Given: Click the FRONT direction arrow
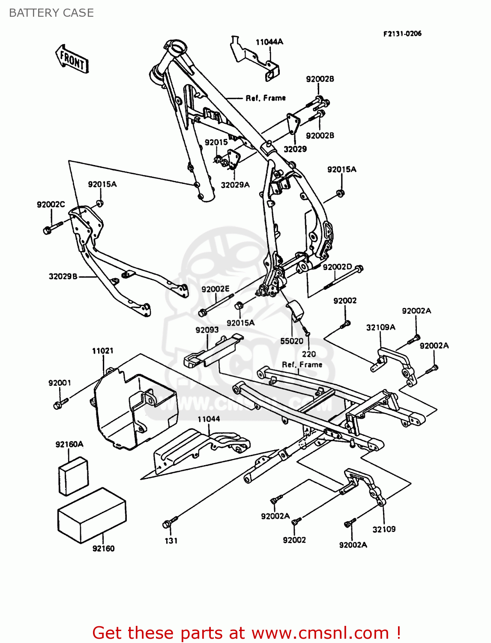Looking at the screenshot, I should (72, 59).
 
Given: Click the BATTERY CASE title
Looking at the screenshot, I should (51, 13).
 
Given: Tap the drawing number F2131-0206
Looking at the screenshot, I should (402, 33).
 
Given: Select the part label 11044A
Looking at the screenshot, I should (269, 42).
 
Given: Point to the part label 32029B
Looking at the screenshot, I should (63, 276).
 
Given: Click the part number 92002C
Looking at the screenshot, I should (51, 204).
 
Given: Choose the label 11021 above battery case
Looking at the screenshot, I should (102, 351).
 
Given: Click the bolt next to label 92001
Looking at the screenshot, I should (59, 403).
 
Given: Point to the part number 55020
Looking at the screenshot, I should (291, 341).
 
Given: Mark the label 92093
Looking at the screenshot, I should (207, 330).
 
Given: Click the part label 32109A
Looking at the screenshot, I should (380, 328).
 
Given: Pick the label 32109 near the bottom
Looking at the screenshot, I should (384, 529).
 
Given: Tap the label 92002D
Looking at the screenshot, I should (337, 267).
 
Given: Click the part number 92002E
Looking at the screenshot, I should (216, 289).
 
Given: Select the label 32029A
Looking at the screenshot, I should (235, 185).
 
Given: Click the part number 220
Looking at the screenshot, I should (308, 354).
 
